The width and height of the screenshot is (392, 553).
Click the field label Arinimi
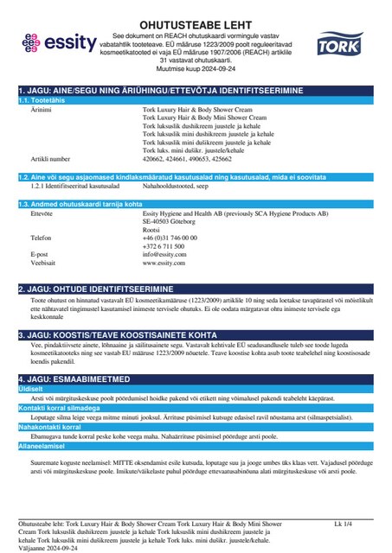coord(41,111)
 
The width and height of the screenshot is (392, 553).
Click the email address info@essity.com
coord(164,255)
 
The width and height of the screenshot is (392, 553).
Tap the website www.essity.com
coord(164,263)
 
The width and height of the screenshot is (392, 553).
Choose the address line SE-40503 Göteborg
coord(174,220)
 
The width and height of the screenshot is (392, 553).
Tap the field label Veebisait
coord(44,263)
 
